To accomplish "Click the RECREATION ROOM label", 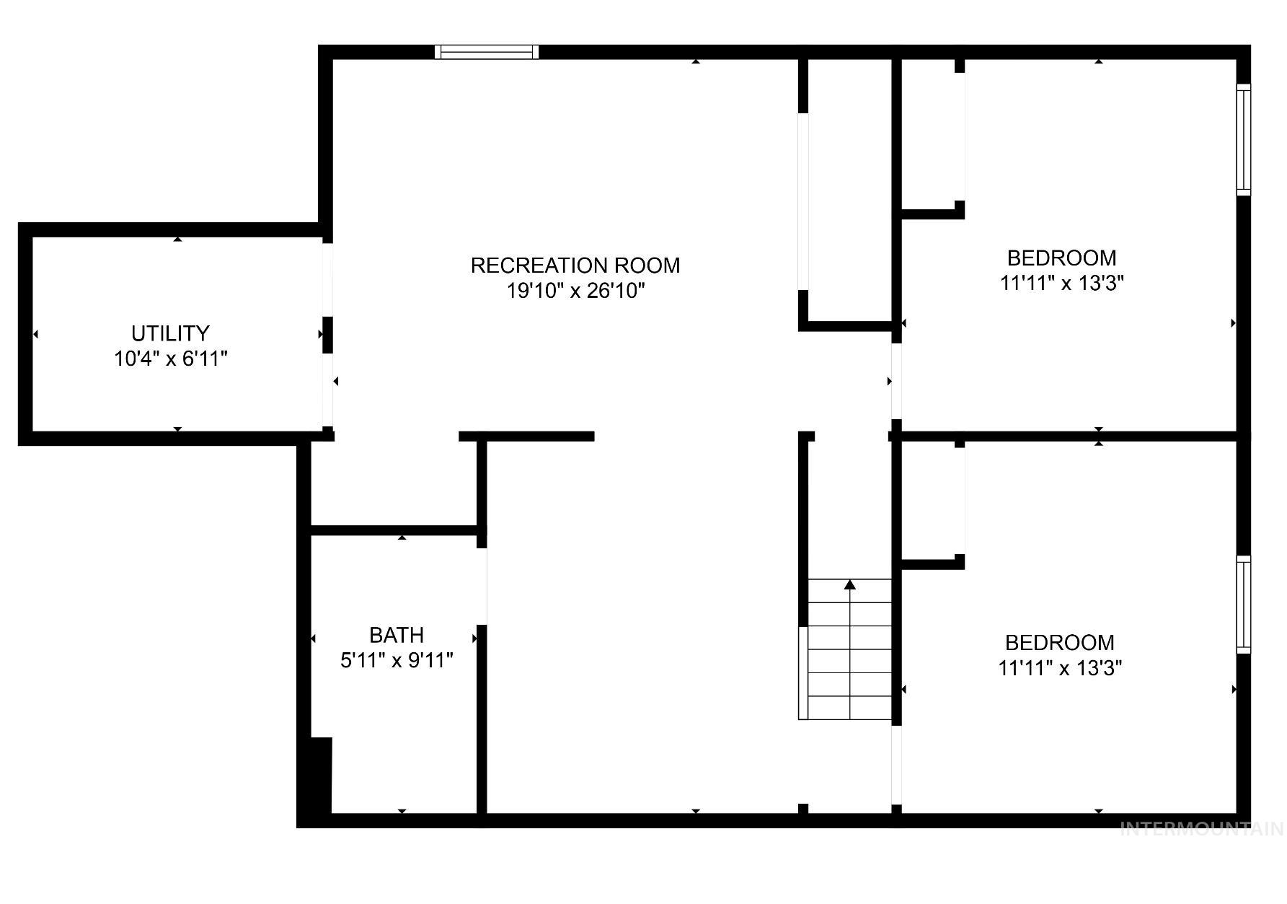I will click(575, 266).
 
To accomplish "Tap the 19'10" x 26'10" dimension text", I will click(575, 291).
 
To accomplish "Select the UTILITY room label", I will click(170, 333).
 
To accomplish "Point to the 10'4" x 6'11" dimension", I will click(171, 359).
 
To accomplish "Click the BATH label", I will click(396, 635).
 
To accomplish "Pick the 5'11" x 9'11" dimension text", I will click(397, 660).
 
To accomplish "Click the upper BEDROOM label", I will click(1061, 258).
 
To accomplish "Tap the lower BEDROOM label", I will click(1059, 642).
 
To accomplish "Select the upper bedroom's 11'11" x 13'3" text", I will click(1062, 283).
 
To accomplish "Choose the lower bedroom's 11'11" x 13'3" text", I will click(1060, 668).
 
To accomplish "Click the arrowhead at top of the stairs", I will click(850, 584).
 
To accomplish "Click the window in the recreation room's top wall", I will click(487, 52).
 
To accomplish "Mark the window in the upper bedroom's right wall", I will click(1243, 139).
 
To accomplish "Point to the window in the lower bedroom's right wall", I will click(1243, 605).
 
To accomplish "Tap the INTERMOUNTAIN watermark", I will click(1202, 829).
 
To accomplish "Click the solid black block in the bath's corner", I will click(321, 775).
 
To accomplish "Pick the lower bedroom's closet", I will click(932, 501).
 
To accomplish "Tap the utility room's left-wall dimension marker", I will click(35, 334).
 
